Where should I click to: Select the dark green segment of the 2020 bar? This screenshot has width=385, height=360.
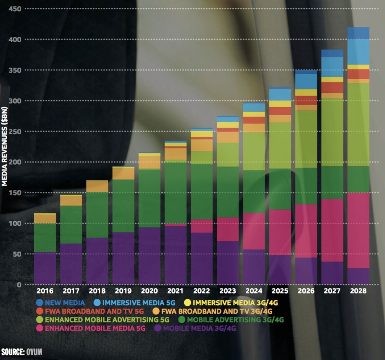pos(149,198)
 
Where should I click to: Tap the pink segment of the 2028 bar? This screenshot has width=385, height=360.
pos(358,230)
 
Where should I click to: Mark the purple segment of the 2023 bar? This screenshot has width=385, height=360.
pos(228,263)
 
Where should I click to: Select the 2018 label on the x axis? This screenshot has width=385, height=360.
pos(97,291)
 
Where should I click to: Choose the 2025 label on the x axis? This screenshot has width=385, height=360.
pos(280,291)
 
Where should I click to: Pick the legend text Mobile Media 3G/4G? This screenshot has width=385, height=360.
pos(200,328)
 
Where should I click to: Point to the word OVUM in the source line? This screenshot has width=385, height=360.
pos(34,352)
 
